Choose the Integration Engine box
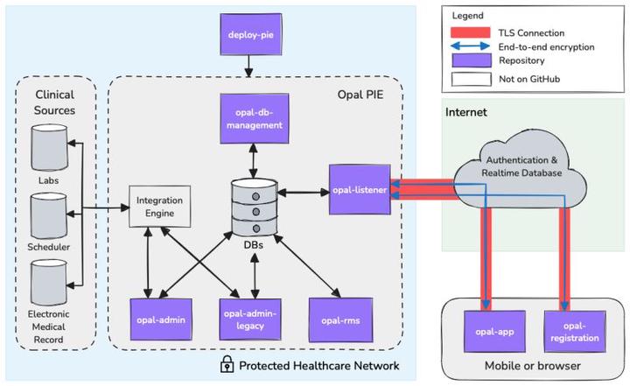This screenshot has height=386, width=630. pos(158,207)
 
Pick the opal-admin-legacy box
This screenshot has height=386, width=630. pos(253,319)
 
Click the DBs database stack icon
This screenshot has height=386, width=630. pos(253,207)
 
